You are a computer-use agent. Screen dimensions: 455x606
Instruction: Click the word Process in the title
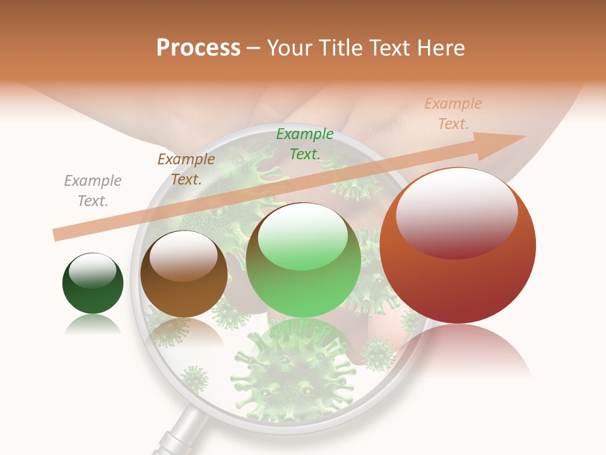(198, 48)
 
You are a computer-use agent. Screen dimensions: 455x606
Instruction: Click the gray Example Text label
(93, 191)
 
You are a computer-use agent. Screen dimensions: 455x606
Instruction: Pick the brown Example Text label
(186, 169)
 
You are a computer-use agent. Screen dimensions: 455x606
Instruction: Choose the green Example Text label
(305, 143)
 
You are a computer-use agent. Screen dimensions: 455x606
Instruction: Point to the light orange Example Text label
(453, 114)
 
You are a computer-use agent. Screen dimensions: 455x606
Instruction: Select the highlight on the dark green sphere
(93, 270)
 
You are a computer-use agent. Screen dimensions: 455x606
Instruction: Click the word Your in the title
(288, 48)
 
